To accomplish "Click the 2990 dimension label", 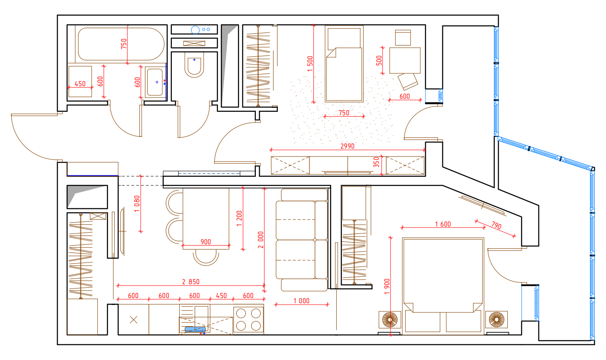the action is click(347, 146).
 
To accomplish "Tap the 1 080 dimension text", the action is click(137, 204).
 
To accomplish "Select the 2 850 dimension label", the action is click(191, 282).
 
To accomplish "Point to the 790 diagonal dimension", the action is click(496, 225).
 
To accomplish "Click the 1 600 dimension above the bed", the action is click(443, 224).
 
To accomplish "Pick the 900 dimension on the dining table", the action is click(206, 242).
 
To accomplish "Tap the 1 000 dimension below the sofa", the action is click(301, 301).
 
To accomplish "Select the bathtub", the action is click(121, 44).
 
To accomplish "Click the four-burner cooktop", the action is click(248, 319).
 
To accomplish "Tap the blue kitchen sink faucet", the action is click(195, 329).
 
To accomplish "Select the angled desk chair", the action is click(408, 81).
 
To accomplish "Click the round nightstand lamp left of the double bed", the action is click(390, 320).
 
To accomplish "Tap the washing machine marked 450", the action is click(80, 81).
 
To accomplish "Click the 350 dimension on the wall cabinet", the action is click(376, 162).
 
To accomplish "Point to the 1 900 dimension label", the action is click(387, 286).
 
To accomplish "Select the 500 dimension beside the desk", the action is click(379, 60).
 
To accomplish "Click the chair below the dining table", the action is click(206, 258).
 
